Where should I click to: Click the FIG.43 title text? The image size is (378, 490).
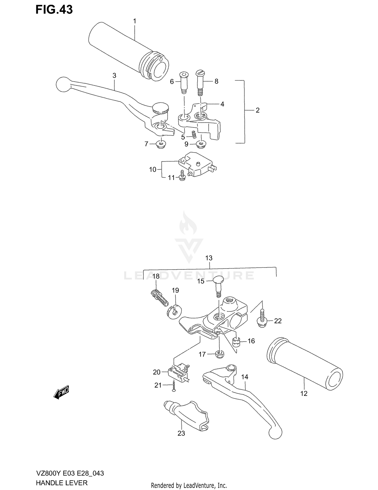54,10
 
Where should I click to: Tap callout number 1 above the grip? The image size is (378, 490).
135,21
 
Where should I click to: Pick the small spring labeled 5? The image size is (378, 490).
194,134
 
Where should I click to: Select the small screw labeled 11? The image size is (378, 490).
182,175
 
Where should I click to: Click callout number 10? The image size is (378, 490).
153,169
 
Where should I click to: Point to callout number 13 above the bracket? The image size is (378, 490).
209,258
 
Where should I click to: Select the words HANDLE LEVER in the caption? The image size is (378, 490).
62,483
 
